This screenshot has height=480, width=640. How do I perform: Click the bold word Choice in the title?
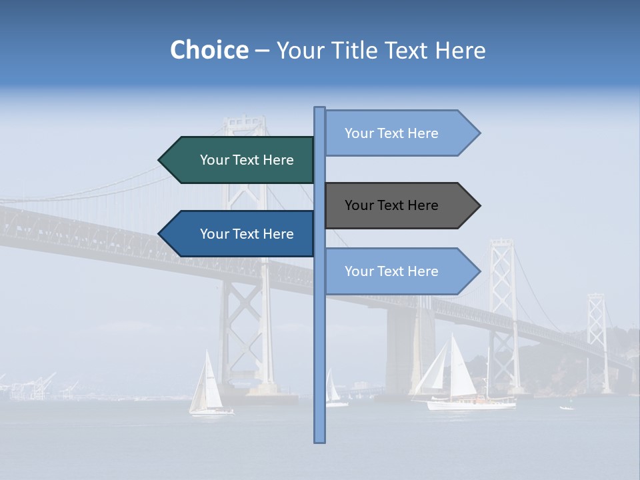pos(209,51)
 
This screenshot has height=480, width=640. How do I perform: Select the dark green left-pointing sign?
pos(240,160)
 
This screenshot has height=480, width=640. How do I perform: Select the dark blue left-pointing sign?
pos(240,234)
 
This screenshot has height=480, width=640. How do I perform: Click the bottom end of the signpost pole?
pos(319,440)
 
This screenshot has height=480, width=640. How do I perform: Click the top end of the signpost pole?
pos(319,109)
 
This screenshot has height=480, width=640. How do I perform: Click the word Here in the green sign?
pos(279,160)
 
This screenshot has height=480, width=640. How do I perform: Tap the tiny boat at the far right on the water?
pos(567,407)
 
